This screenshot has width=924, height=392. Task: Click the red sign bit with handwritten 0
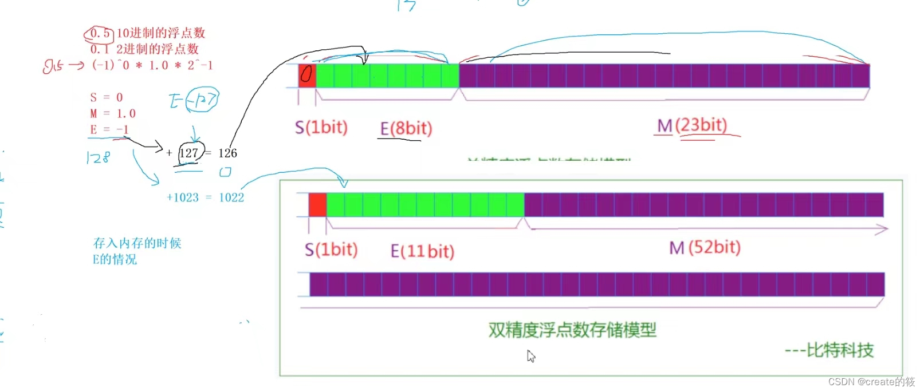click(x=307, y=76)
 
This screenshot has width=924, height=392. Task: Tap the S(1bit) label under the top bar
click(x=321, y=127)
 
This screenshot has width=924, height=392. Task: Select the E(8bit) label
click(x=406, y=128)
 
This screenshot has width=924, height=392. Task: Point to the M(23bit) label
click(x=692, y=125)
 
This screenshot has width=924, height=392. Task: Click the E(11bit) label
click(x=422, y=251)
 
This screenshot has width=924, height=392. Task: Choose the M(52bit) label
click(x=705, y=248)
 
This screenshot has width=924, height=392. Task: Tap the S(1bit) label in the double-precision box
click(x=331, y=250)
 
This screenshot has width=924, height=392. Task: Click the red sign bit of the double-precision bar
click(x=317, y=205)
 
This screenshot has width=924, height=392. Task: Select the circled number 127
click(x=189, y=153)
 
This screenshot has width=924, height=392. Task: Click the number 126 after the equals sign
click(x=227, y=153)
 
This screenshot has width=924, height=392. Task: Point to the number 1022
click(x=231, y=197)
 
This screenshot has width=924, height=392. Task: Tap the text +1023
click(x=182, y=197)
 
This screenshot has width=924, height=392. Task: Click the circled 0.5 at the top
click(x=100, y=34)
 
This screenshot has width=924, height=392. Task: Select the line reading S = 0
click(x=107, y=97)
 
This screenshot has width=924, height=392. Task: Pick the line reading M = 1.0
click(x=113, y=113)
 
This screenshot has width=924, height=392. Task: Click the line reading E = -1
click(x=109, y=129)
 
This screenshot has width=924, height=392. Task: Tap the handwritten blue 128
click(x=97, y=157)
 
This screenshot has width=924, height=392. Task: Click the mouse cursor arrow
click(x=530, y=356)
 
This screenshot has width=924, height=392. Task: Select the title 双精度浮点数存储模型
click(x=572, y=330)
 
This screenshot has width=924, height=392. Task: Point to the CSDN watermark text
click(x=871, y=382)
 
